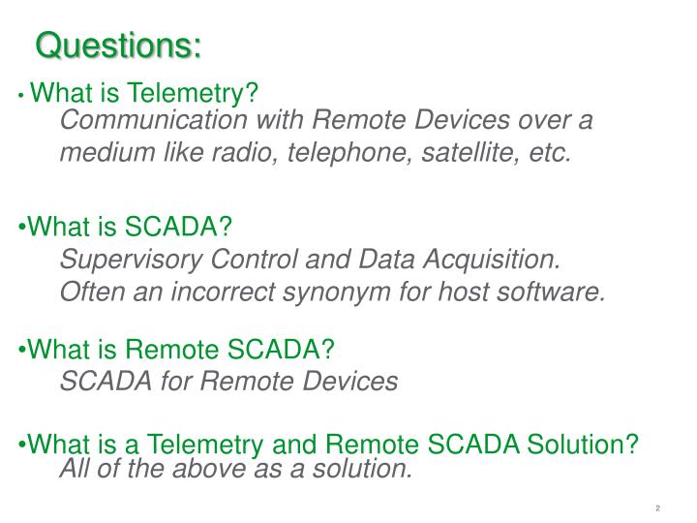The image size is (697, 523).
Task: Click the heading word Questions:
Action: coord(119,45)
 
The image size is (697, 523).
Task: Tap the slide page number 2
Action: coord(657,508)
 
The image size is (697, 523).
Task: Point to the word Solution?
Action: coord(583,445)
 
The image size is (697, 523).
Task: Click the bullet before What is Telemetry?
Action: coord(21,96)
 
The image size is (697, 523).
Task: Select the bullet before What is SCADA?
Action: coord(22,228)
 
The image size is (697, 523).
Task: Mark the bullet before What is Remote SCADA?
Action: coord(22,350)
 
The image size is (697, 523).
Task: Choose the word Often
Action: coord(89,292)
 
